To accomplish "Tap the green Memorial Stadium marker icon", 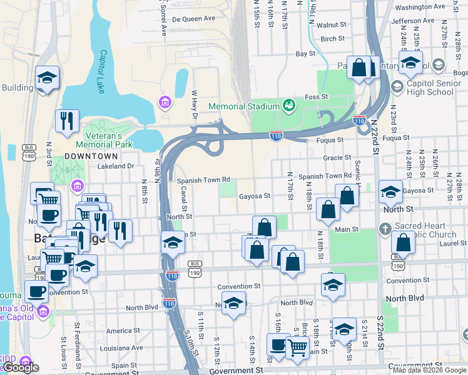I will [x=288, y=105].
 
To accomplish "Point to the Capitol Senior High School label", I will [x=429, y=88].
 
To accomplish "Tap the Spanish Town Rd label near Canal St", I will [x=203, y=180].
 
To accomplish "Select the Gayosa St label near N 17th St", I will [x=254, y=196].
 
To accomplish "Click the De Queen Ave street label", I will [x=193, y=19].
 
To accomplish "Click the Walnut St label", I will [x=332, y=26].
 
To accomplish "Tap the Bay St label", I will [x=305, y=54].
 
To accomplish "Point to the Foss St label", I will [x=316, y=97].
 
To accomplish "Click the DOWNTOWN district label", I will [x=91, y=156].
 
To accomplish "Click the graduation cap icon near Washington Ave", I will [x=410, y=62].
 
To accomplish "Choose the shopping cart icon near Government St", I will [x=298, y=346].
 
